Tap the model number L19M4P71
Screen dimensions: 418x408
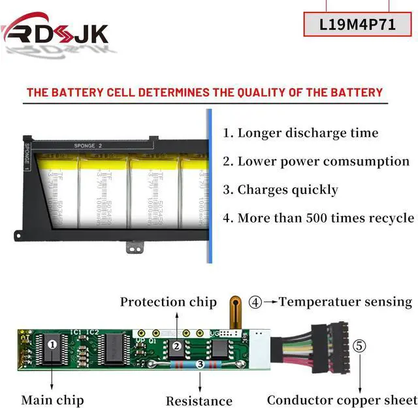358,24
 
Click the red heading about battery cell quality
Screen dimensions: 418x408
204,92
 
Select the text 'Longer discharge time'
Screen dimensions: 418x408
307,133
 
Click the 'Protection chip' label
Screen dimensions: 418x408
168,302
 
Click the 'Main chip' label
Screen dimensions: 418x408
52,400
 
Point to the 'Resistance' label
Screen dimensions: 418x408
199,401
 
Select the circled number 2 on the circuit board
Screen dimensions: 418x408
176,347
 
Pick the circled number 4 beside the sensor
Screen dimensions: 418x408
255,302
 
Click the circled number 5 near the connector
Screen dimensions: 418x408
359,345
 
